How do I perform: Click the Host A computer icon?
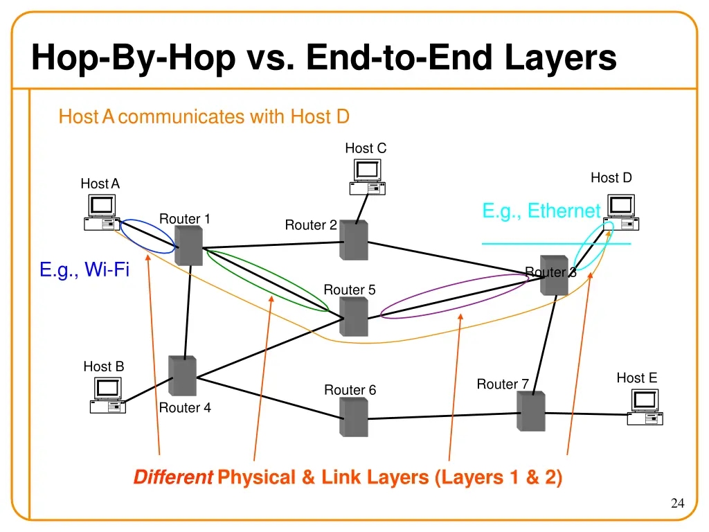[101, 212]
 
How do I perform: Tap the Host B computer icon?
[108, 396]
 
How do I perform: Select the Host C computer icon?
[367, 177]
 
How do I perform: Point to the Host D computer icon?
[620, 212]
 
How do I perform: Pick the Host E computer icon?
[645, 407]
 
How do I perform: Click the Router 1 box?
[188, 247]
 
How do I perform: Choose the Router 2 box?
[354, 240]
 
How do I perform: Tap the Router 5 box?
[354, 317]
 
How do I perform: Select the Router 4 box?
[183, 376]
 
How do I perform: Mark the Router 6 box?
[353, 418]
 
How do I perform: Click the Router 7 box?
[531, 411]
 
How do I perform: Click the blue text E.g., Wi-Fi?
[84, 269]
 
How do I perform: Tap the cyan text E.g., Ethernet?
[541, 211]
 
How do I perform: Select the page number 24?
[677, 504]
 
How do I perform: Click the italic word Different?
[172, 477]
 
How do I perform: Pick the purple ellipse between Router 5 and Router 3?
[388, 305]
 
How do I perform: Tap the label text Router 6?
[350, 390]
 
